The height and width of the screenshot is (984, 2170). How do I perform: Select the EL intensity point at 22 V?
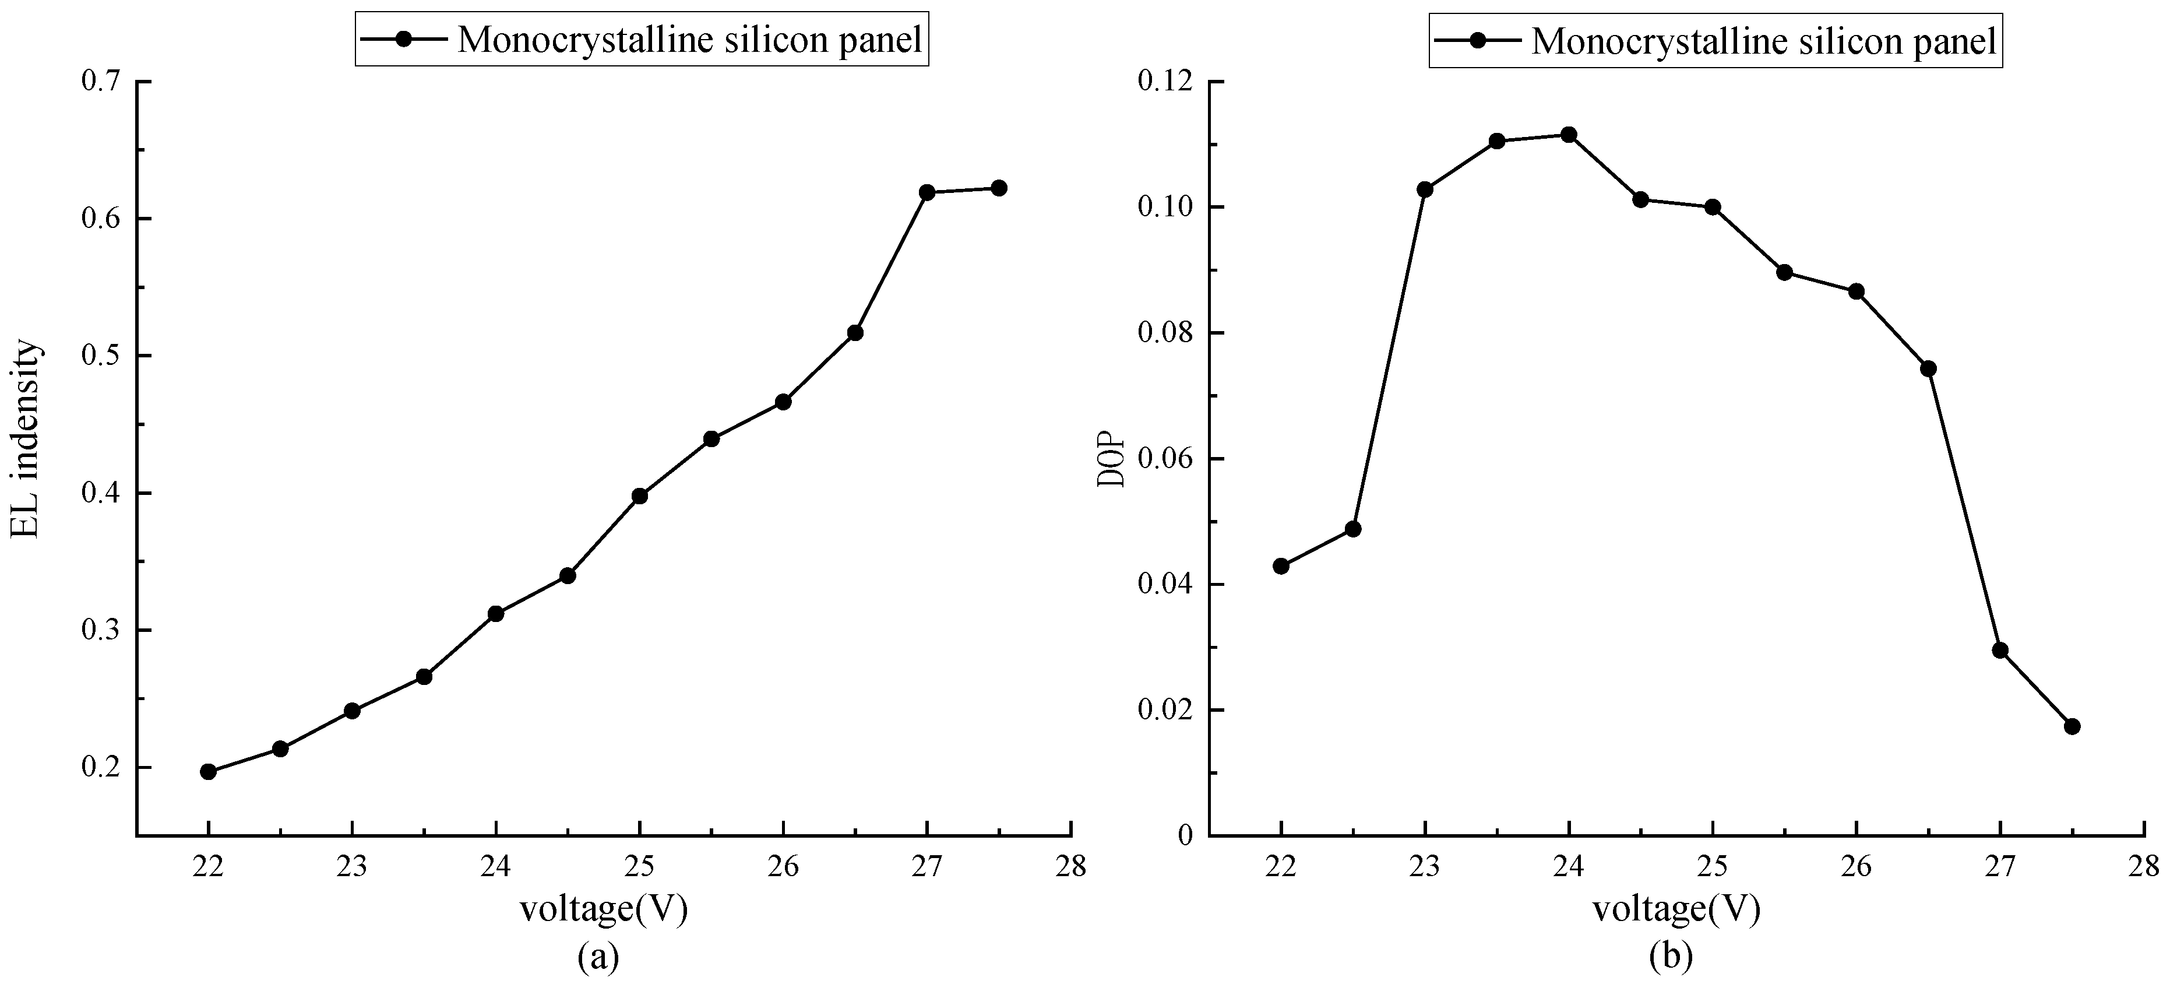click(208, 772)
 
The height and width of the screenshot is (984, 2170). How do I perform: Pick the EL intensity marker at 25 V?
click(639, 496)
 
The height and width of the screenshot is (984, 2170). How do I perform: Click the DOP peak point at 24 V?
click(1569, 135)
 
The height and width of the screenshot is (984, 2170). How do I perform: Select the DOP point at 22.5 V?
click(1353, 529)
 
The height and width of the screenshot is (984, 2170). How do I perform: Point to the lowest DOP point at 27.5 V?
click(2072, 726)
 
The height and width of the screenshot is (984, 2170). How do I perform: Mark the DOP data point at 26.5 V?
click(1928, 368)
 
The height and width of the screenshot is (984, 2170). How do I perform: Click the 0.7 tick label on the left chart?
click(101, 82)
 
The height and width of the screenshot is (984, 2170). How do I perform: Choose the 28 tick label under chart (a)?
click(1070, 866)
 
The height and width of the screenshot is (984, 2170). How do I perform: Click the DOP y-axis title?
click(1109, 459)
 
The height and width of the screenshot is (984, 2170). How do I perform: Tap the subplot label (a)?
click(599, 957)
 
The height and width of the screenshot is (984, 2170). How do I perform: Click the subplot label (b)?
click(1672, 957)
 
